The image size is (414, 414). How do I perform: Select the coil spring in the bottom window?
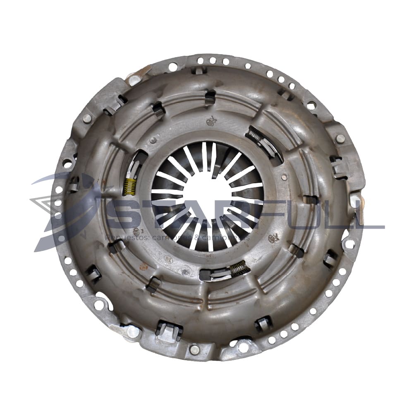point(240,269)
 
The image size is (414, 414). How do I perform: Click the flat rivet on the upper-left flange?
point(87,118)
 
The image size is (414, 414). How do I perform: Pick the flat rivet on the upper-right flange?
point(340,139)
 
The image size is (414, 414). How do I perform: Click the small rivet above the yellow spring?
point(153,140)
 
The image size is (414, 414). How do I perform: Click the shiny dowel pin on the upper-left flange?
point(133,79)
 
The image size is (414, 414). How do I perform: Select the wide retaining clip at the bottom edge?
point(169,331)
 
